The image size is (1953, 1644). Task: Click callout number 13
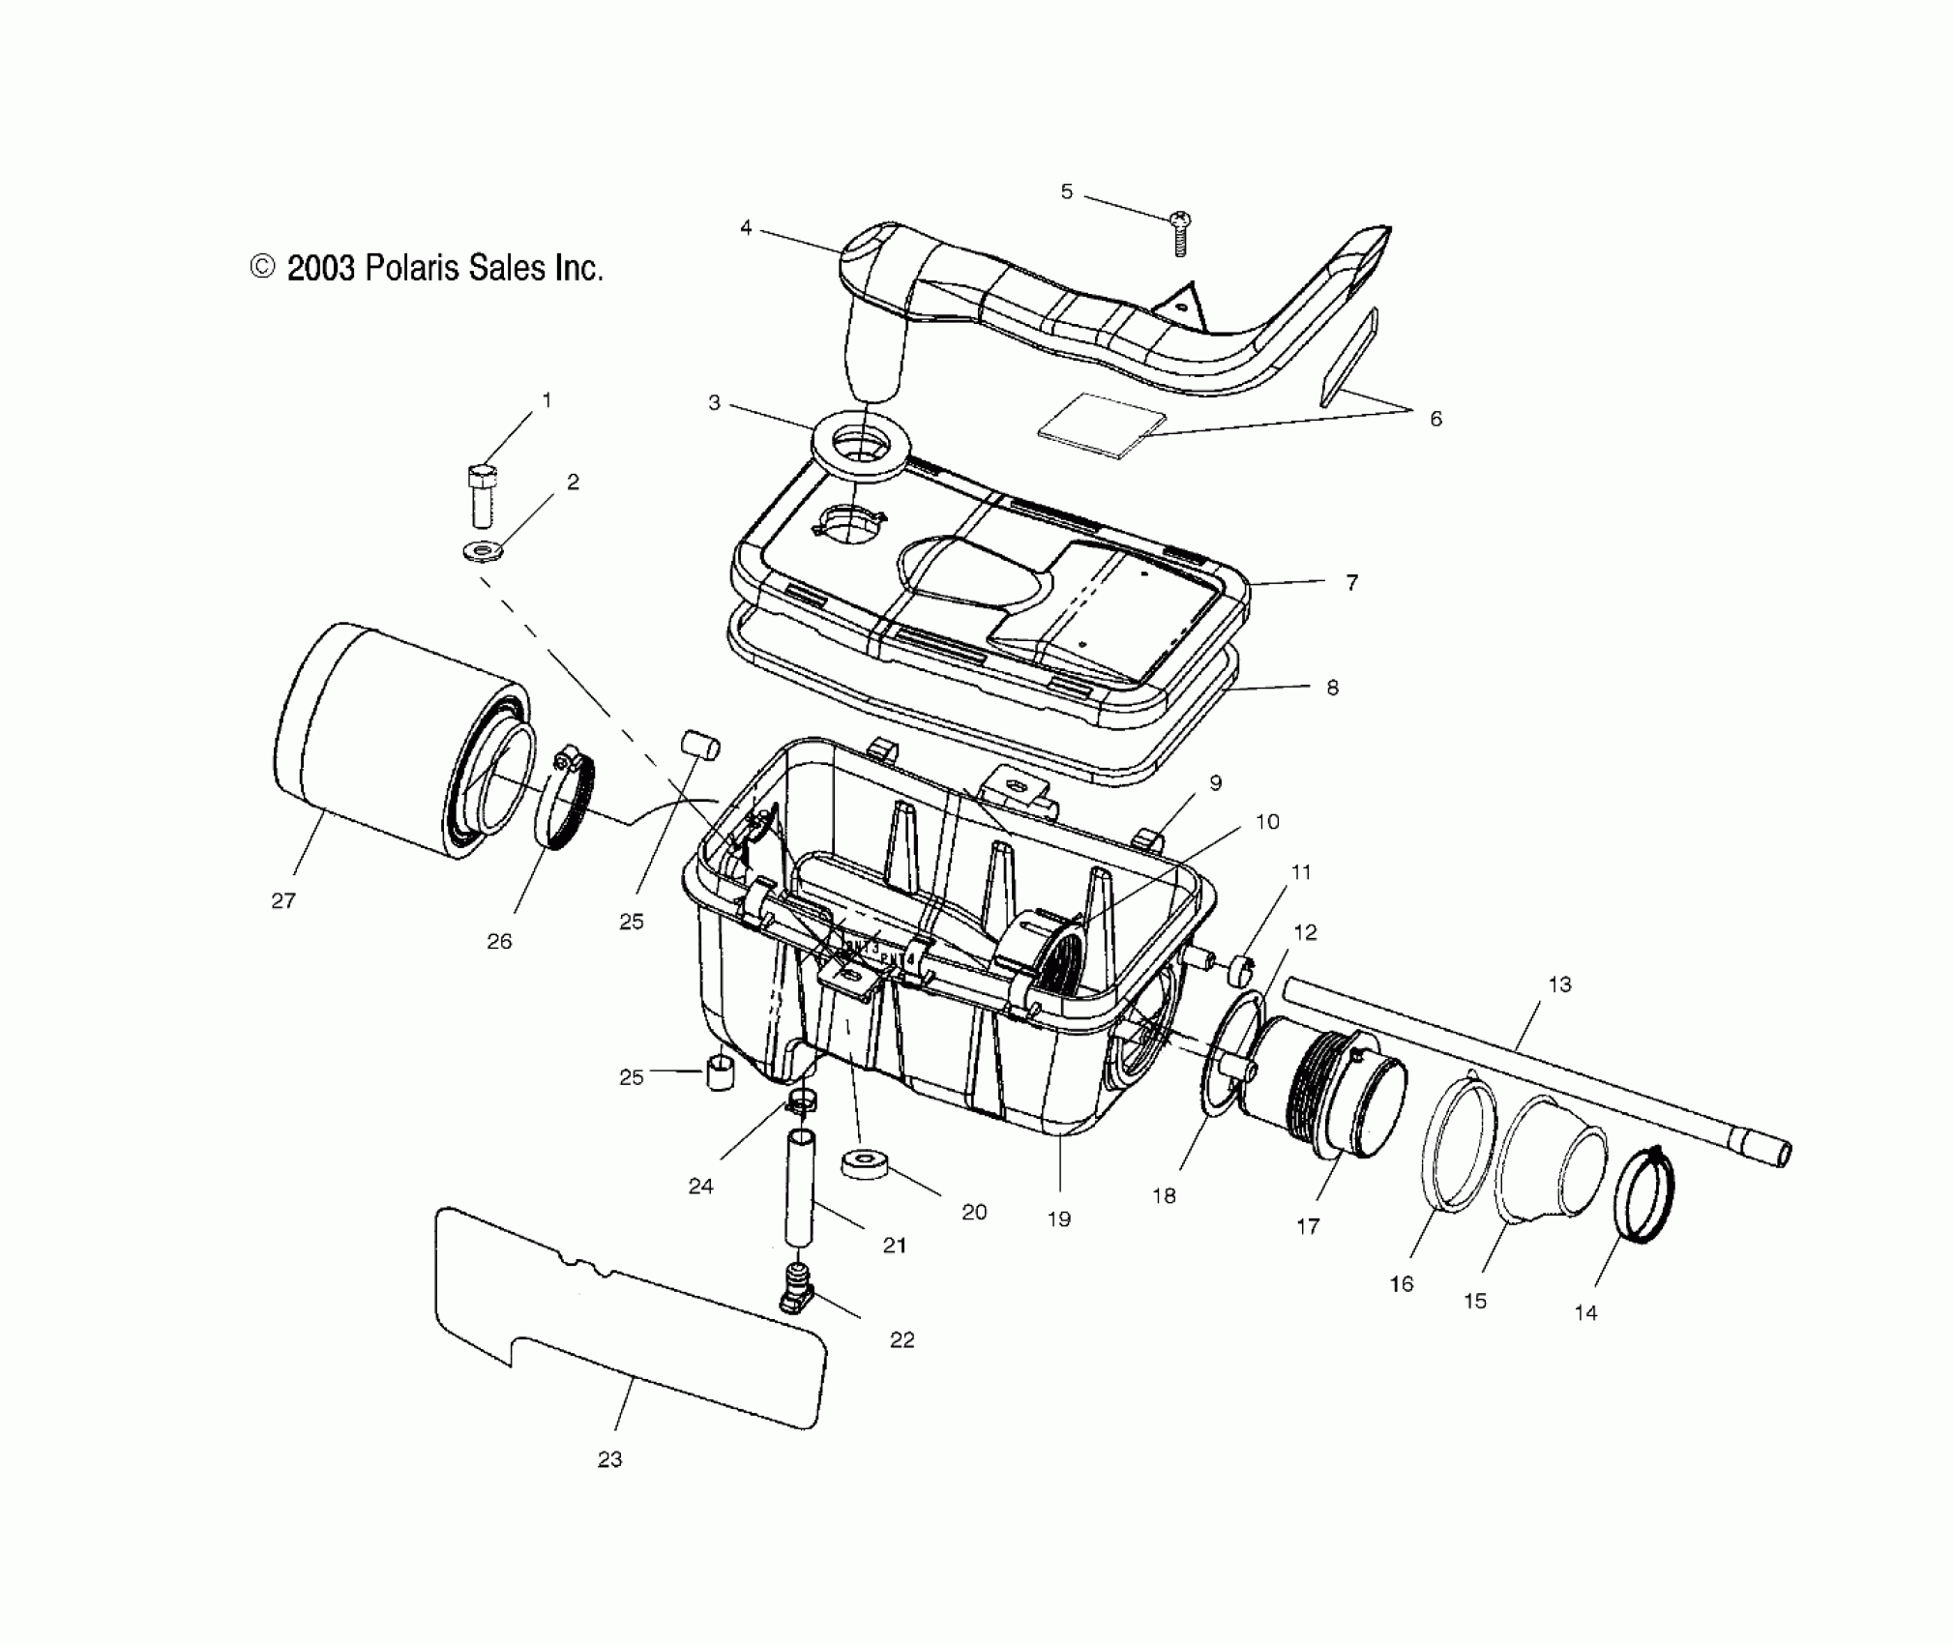[x=1559, y=985]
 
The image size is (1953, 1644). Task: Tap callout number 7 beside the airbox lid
[x=1351, y=582]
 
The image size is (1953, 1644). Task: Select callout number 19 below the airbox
[x=1059, y=1219]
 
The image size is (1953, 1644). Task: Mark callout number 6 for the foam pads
[x=1435, y=419]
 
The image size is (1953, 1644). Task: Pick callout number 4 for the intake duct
[x=745, y=228]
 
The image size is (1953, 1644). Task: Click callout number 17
[x=1307, y=1227]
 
